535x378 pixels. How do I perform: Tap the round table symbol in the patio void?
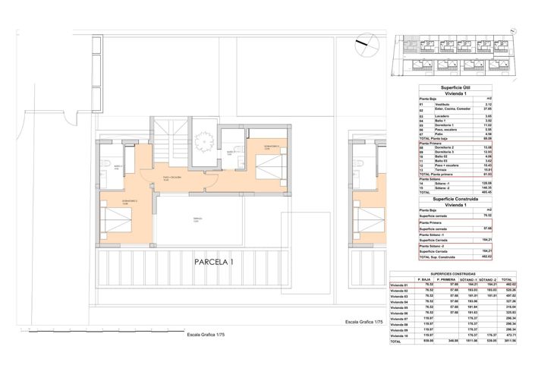click(x=202, y=140)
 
